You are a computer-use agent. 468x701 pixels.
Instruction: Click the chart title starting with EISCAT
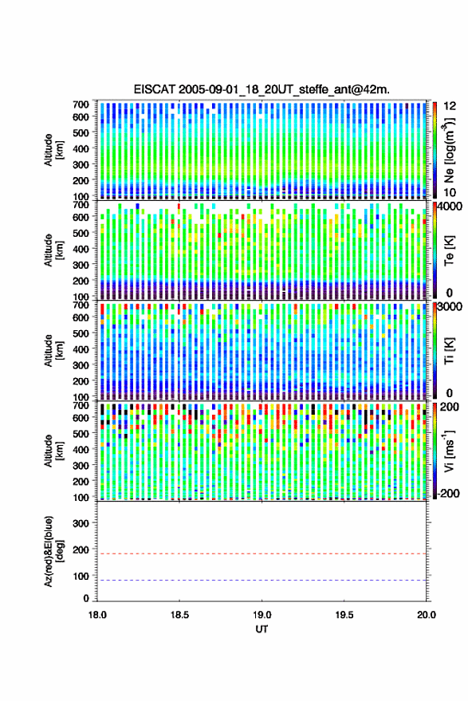(x=262, y=89)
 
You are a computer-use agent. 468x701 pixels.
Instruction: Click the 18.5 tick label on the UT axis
(x=179, y=615)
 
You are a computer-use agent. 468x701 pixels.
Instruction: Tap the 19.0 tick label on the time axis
(x=262, y=615)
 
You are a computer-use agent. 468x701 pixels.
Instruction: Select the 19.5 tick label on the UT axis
(x=344, y=615)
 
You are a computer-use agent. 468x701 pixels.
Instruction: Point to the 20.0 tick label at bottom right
(x=427, y=615)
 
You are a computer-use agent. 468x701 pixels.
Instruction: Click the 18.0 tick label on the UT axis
(x=97, y=615)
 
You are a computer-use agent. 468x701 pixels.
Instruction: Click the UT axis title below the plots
(x=262, y=629)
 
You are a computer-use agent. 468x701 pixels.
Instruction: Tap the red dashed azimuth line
(x=262, y=553)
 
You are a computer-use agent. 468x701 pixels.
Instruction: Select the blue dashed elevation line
(x=262, y=581)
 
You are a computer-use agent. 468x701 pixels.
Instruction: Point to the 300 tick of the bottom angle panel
(x=81, y=523)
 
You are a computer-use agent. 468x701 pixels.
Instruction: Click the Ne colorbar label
(x=449, y=150)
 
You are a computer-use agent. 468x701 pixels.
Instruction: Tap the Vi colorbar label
(x=449, y=451)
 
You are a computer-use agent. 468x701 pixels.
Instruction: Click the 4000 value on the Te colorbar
(x=450, y=207)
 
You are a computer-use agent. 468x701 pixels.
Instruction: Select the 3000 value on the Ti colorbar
(x=450, y=307)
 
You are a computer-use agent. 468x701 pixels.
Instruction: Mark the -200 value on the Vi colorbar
(x=447, y=494)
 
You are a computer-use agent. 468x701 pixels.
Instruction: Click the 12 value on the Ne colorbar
(x=450, y=106)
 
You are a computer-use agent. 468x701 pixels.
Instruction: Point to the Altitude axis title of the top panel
(x=53, y=150)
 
